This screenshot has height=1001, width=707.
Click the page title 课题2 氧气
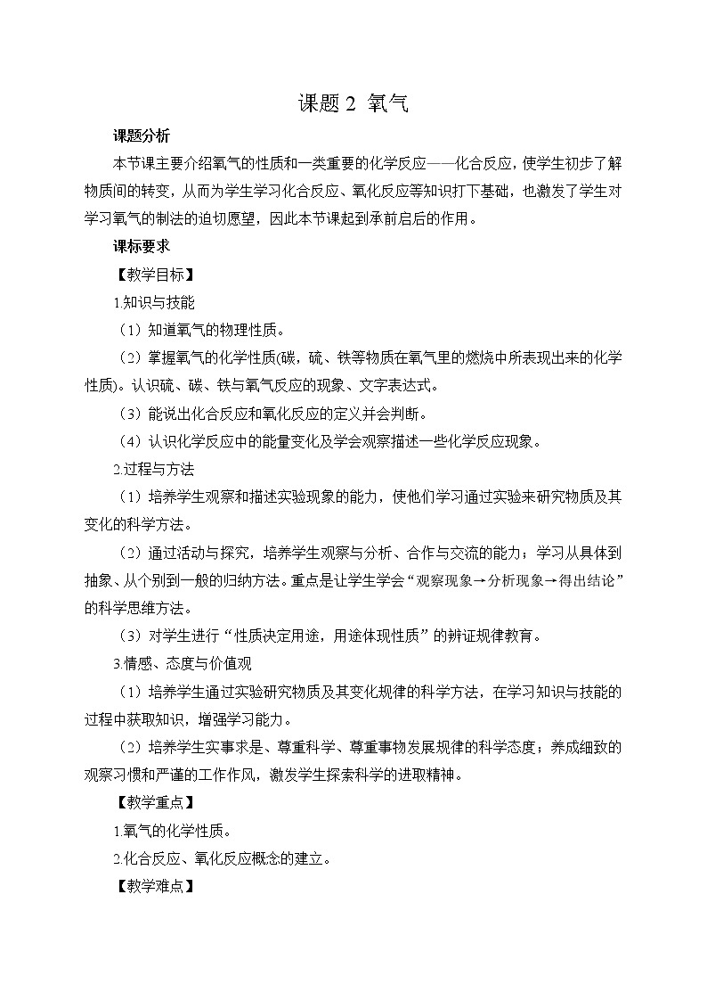(x=353, y=104)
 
